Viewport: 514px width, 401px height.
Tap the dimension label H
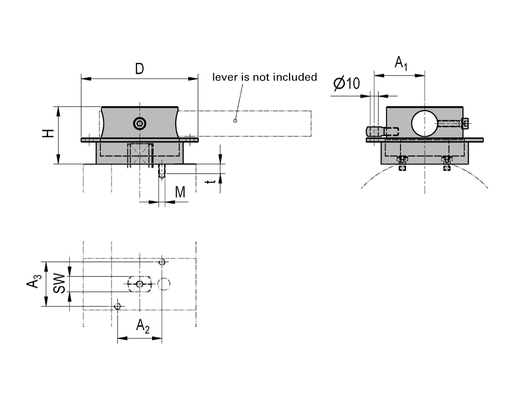coord(48,134)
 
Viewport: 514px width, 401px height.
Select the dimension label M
coord(180,192)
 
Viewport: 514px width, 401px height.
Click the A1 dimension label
coord(401,64)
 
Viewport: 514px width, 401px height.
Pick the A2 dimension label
coord(143,327)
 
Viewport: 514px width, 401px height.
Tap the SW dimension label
coord(59,284)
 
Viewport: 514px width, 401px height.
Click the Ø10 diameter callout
coord(346,83)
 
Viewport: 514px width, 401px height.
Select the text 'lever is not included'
coord(265,77)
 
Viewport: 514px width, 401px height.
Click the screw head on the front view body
coord(139,123)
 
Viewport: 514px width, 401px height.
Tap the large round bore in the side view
coord(425,123)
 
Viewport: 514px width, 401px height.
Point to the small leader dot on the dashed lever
coord(235,121)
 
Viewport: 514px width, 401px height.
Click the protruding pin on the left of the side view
coord(375,132)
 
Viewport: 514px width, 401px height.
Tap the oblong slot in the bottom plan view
coord(140,284)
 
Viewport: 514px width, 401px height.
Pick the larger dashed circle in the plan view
coord(164,284)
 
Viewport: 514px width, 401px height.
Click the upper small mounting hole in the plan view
coord(161,262)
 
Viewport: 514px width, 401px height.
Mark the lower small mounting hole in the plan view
coord(118,306)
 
